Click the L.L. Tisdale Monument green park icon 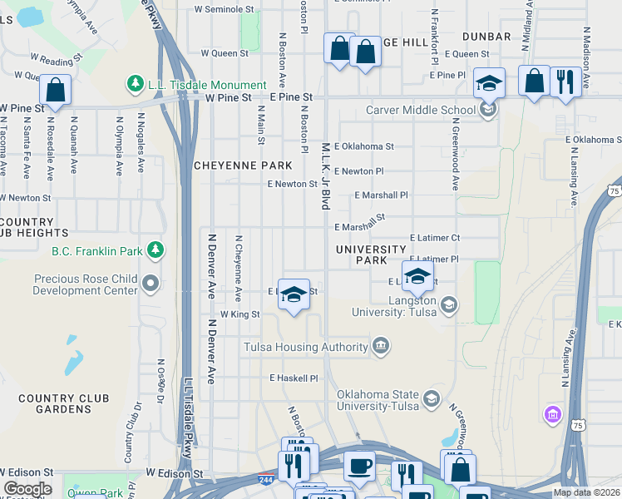coord(135,84)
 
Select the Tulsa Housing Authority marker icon coord(381,347)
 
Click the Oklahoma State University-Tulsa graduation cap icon coord(431,401)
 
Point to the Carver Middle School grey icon coord(488,110)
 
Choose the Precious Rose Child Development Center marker coord(151,284)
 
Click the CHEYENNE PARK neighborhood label coord(243,166)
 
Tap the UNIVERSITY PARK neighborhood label coord(371,254)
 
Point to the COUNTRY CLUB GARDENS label coord(57,404)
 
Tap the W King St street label coord(239,314)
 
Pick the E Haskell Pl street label coord(294,378)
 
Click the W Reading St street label coord(57,61)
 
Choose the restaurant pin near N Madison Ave coord(565,81)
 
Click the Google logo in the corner coord(27,489)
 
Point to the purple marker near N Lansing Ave coord(551,413)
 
